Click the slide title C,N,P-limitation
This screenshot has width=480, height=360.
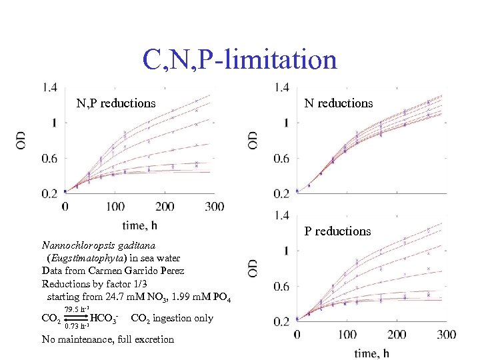pos(239,60)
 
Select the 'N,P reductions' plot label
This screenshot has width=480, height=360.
pos(117,103)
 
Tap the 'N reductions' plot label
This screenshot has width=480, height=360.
pos(338,103)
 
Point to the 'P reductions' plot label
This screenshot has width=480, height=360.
pos(338,231)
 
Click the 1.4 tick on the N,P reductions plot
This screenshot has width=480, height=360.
pos(49,87)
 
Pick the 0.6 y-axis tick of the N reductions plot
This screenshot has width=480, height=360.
pos(281,159)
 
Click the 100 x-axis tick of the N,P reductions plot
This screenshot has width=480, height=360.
pos(115,207)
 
